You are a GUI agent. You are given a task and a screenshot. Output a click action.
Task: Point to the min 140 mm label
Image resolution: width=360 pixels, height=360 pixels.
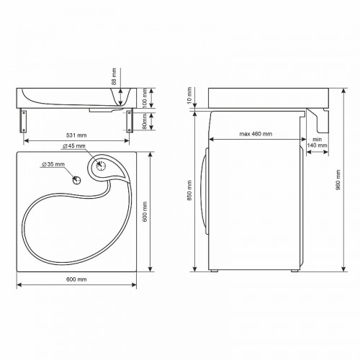[317, 142]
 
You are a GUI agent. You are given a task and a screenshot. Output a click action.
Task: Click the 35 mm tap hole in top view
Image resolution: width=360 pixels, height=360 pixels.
[76, 178]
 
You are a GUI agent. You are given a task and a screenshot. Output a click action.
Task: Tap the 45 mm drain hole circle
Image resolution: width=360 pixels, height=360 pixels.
[101, 166]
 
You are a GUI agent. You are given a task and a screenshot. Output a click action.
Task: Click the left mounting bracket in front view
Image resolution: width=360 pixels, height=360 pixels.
[24, 121]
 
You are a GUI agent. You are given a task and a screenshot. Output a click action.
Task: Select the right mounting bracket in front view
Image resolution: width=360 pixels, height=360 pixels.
[130, 121]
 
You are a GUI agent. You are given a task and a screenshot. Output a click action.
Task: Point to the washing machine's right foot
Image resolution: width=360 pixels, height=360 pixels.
[294, 271]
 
